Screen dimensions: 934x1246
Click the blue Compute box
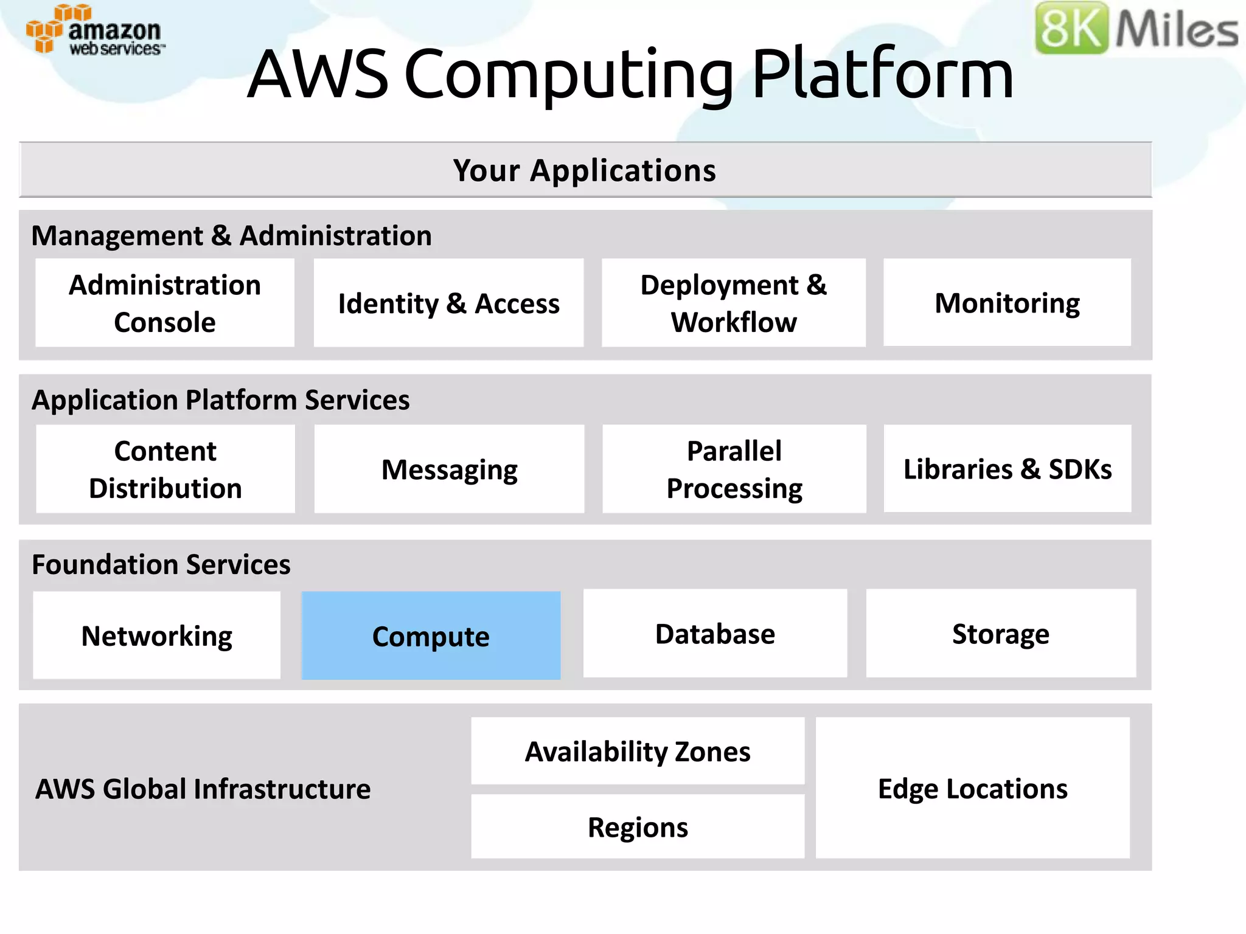431,635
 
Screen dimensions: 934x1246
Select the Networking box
156,635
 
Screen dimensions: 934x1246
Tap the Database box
715,634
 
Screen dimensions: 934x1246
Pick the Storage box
1001,634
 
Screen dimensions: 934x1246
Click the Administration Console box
165,303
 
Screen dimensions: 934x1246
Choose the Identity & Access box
448,303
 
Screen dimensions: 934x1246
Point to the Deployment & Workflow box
734,303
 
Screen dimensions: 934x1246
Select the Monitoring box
1007,303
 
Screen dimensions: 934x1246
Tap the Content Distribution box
165,469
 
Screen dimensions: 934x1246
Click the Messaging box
449,469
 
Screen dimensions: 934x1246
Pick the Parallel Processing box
734,469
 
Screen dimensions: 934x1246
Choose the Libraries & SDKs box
1008,469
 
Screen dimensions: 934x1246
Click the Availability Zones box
638,752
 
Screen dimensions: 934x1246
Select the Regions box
638,827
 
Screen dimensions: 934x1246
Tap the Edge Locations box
972,788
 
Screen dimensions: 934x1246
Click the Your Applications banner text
585,170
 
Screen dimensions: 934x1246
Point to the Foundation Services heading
161,564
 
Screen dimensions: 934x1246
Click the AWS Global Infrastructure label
203,789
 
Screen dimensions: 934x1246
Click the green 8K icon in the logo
1072,28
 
